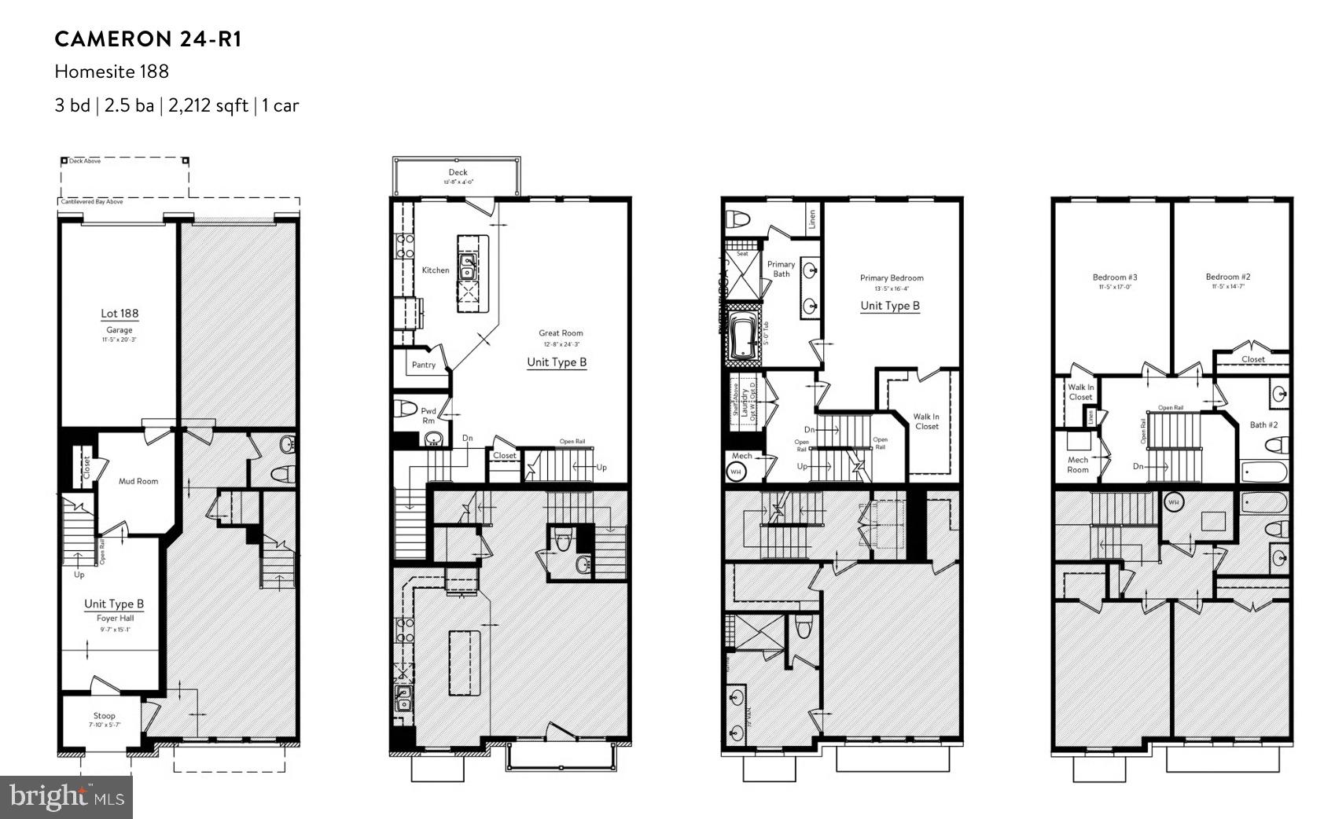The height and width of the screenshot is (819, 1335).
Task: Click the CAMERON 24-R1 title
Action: (x=148, y=39)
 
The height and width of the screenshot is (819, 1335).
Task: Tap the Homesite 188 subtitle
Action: (x=112, y=72)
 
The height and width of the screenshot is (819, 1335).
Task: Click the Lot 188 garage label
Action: (x=120, y=314)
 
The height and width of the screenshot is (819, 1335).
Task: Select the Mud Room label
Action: (x=138, y=481)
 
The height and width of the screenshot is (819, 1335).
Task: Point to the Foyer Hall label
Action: (x=115, y=618)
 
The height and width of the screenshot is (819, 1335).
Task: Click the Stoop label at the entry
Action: (x=104, y=715)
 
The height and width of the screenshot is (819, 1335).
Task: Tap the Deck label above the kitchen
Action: (x=458, y=172)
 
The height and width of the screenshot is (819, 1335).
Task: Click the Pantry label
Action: (x=423, y=365)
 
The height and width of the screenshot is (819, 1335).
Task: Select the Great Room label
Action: (x=561, y=333)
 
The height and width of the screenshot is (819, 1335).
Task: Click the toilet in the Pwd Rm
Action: (x=406, y=409)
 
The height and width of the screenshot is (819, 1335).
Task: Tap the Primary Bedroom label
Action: (x=892, y=277)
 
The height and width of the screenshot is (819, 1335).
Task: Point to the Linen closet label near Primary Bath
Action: (x=811, y=219)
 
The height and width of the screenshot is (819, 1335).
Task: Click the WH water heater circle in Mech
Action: (x=737, y=472)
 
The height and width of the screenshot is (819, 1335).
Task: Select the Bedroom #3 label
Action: (x=1114, y=277)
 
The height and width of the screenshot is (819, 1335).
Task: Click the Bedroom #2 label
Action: (x=1227, y=277)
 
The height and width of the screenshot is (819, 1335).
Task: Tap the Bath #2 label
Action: (x=1263, y=424)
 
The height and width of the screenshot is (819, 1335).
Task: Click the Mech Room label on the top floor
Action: (x=1077, y=465)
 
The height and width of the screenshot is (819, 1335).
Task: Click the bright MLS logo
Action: (x=66, y=797)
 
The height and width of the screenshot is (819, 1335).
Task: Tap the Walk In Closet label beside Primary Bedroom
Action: (x=925, y=421)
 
